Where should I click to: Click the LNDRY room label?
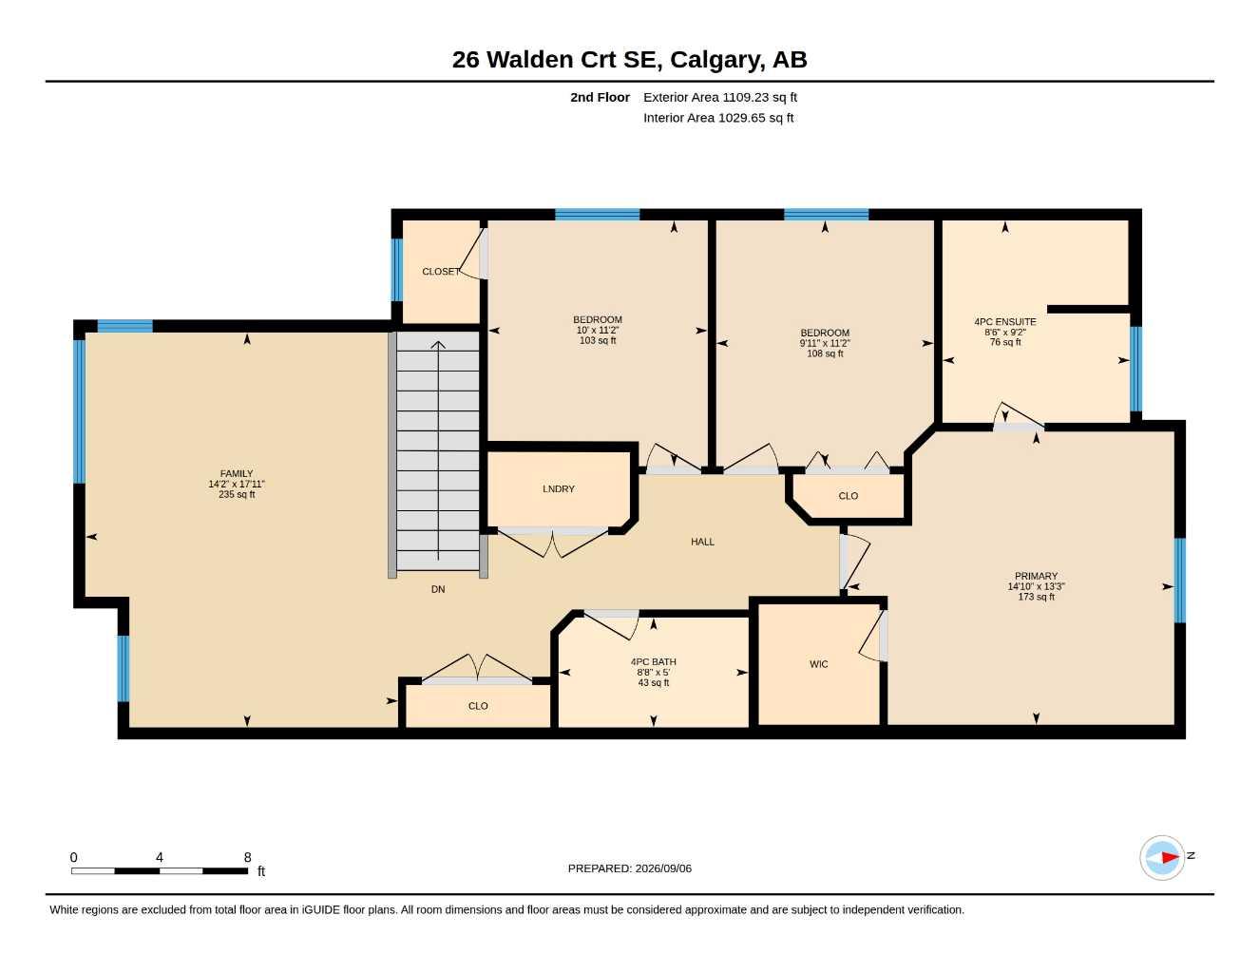coord(558,488)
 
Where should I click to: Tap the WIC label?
coord(818,664)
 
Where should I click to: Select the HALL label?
coord(702,542)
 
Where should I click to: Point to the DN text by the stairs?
coord(438,589)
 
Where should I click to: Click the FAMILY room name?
coord(237,473)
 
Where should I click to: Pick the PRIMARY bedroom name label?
coord(1036,576)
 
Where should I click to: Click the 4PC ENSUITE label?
coord(1005,321)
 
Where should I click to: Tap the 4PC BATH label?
coord(654,661)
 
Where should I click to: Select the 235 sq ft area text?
coord(237,494)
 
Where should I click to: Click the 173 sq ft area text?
coord(1036,597)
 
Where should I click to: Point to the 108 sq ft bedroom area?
coord(825,353)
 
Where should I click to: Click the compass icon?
coord(1162,858)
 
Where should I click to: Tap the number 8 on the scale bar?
coord(247,857)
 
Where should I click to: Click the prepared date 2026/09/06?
coord(663,868)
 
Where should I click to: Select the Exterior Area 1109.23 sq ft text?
coord(720,97)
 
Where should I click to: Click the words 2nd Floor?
coord(600,97)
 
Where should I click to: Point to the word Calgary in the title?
coord(717,60)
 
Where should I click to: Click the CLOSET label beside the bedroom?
coord(440,271)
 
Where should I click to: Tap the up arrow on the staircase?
coord(438,450)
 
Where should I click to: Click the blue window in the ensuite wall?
coord(1136,369)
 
